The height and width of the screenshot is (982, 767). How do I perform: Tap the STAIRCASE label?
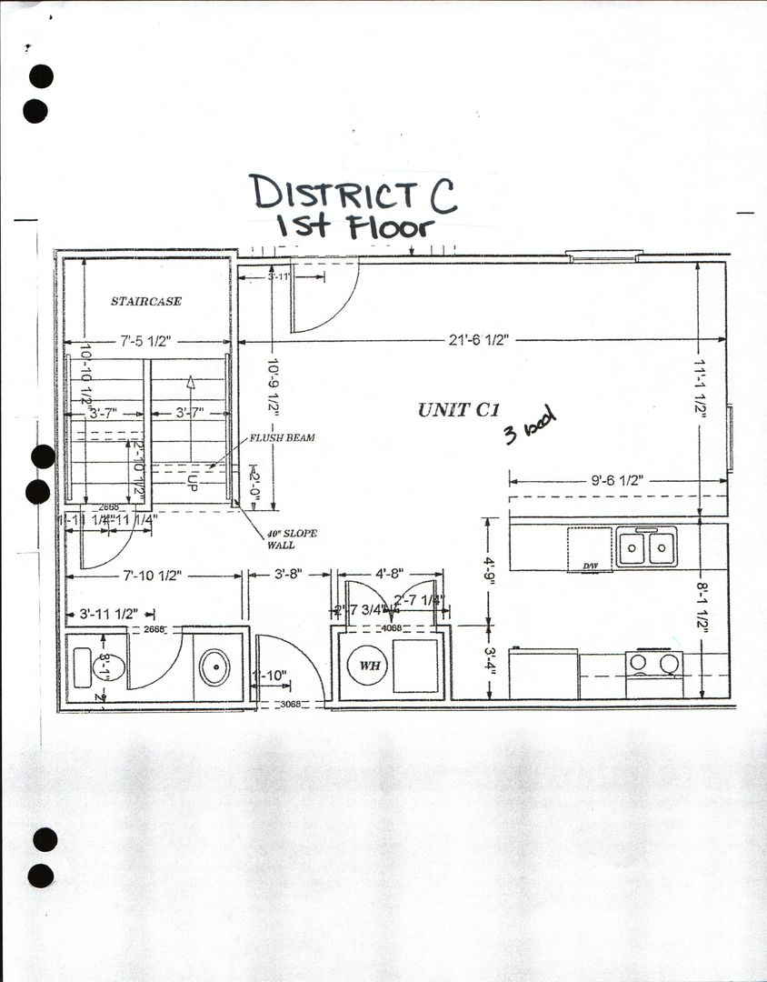(x=146, y=301)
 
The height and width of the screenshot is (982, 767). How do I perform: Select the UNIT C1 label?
(x=460, y=410)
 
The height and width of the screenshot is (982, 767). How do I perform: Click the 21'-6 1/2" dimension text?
(x=478, y=339)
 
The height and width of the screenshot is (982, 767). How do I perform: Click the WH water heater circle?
(x=369, y=666)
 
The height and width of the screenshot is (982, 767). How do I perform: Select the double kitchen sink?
(x=646, y=546)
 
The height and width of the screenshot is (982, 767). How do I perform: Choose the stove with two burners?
(x=654, y=663)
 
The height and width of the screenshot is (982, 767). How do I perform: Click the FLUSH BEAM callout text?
(x=283, y=438)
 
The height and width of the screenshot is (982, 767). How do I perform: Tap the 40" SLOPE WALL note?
(x=292, y=539)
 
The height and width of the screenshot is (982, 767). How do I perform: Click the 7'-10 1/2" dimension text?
(x=150, y=575)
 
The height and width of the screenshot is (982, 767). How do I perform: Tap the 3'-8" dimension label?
(x=289, y=575)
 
